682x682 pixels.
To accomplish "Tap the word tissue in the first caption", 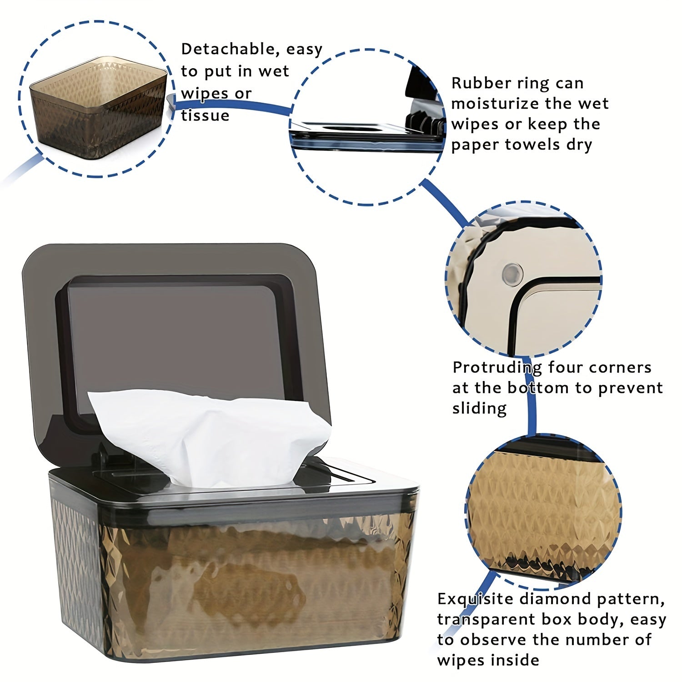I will pyautogui.click(x=205, y=115).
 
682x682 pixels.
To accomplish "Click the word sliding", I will pyautogui.click(x=479, y=408).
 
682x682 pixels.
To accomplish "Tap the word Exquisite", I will pyautogui.click(x=473, y=600).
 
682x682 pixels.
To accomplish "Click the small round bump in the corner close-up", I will pyautogui.click(x=512, y=273).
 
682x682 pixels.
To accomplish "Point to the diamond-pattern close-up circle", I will pyautogui.click(x=543, y=511).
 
